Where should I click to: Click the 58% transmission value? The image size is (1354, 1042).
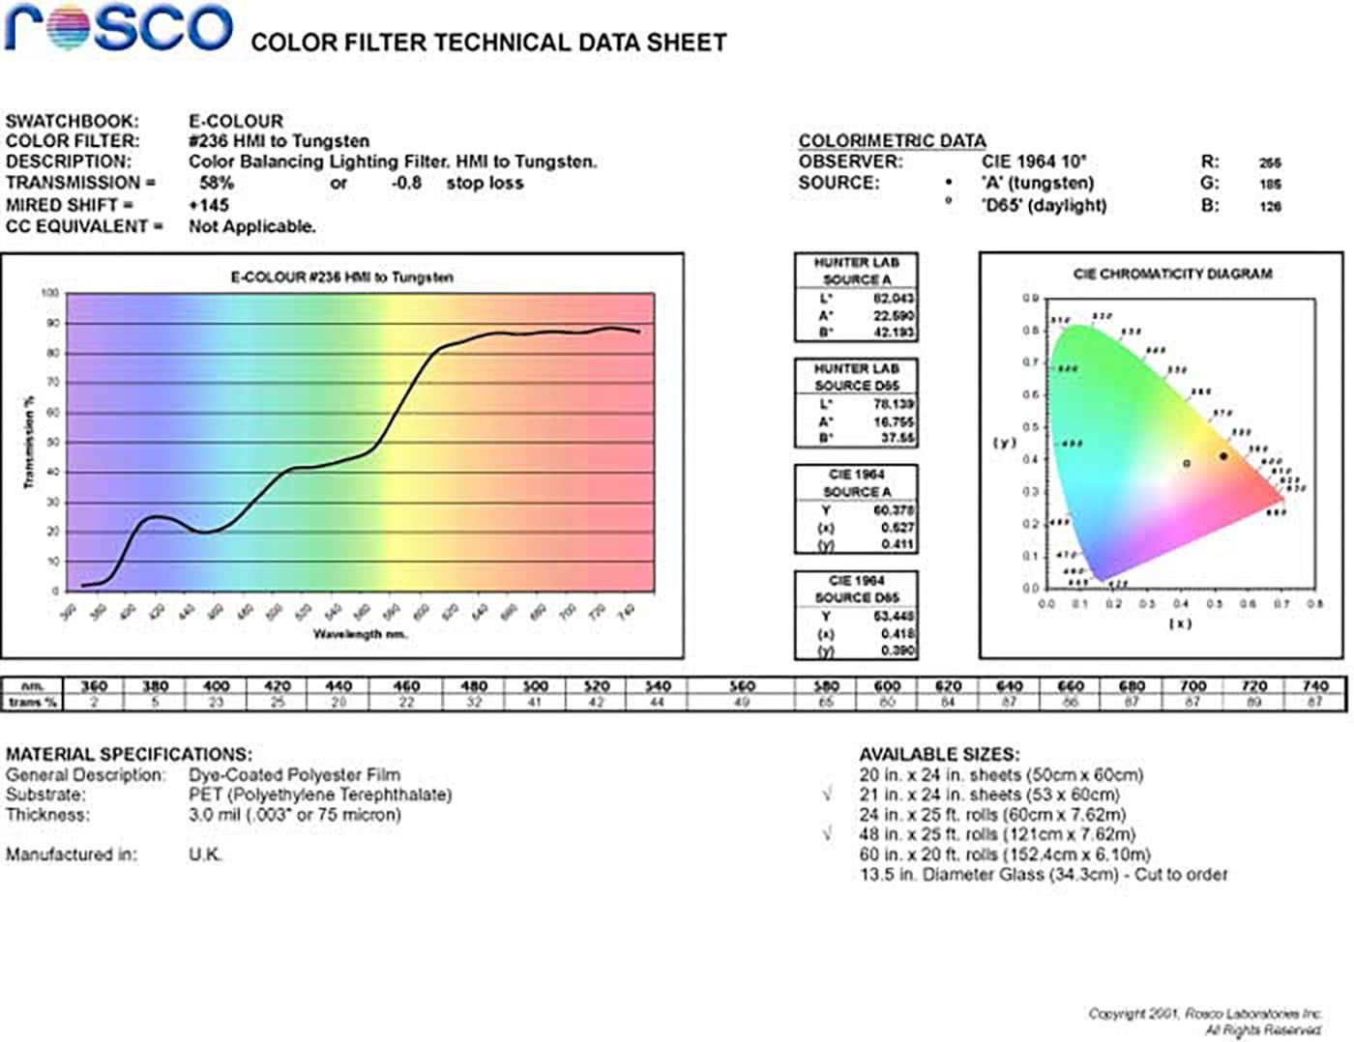pos(217,183)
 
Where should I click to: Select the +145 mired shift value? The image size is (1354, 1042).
pos(209,205)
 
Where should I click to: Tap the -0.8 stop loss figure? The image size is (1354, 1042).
pos(406,183)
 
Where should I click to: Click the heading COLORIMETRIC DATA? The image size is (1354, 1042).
pos(892,141)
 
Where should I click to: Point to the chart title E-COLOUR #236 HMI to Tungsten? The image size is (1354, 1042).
pos(341,277)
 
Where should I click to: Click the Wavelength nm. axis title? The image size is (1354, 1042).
pos(360,634)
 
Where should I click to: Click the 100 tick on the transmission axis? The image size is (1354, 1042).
pos(50,293)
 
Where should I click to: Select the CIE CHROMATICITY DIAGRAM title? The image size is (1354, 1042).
pos(1172,274)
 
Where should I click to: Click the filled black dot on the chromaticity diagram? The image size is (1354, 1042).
pos(1223,456)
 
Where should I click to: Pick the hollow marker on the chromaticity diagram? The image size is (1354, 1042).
pos(1187,464)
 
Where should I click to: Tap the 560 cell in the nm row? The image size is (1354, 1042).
pos(742,685)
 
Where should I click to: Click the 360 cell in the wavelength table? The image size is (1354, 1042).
pos(94,685)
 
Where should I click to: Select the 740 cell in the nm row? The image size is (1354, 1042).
pos(1315,685)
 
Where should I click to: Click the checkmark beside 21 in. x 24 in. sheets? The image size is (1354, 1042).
pos(827,795)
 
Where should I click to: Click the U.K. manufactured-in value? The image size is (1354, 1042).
pos(205,854)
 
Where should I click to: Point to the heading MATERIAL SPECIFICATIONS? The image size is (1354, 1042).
pos(129,754)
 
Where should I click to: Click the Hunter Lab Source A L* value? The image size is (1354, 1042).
pos(894,299)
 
